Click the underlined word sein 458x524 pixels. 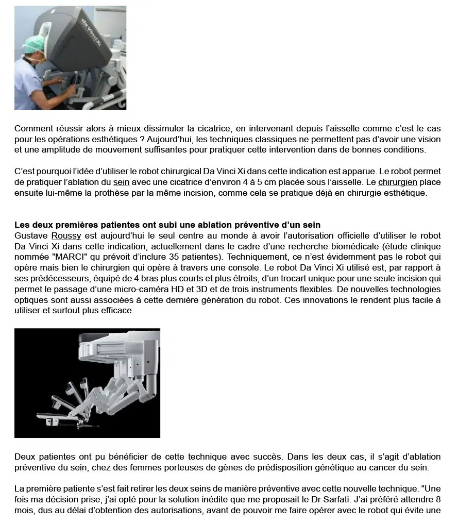(122, 182)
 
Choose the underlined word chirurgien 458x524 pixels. (398, 182)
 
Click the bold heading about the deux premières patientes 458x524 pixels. (167, 225)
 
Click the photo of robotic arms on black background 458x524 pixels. (87, 383)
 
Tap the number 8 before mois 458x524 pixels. (438, 499)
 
